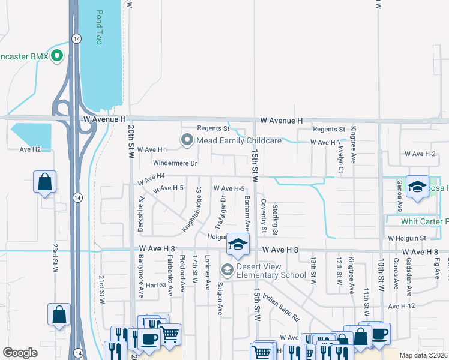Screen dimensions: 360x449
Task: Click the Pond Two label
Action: click(100, 28)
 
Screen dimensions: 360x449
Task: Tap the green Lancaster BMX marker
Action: click(58, 57)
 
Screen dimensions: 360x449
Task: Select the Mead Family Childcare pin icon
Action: click(187, 140)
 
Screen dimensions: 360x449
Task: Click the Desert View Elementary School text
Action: click(264, 271)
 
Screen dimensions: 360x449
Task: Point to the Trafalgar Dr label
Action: click(220, 211)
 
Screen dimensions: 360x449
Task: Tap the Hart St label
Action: click(155, 285)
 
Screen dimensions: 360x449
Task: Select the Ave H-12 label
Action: click(402, 306)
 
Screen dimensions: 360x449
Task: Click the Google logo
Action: click(20, 353)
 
